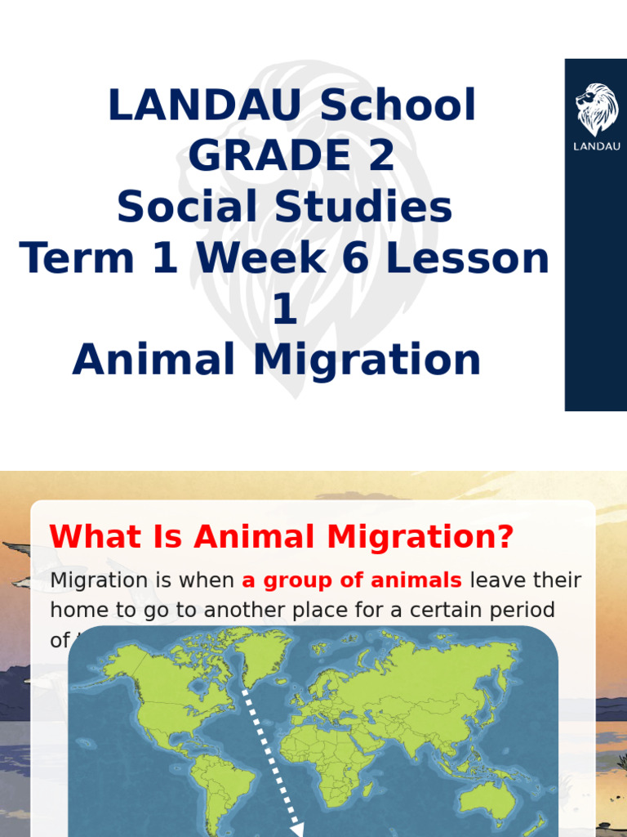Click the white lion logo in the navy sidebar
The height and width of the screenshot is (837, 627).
pos(597,109)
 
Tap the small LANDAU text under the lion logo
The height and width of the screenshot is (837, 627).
pos(597,147)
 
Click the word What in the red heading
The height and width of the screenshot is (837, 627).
pos(89,537)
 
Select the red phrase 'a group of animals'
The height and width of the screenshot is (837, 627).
pos(352,580)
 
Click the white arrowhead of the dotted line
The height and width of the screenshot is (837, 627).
pos(296,830)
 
